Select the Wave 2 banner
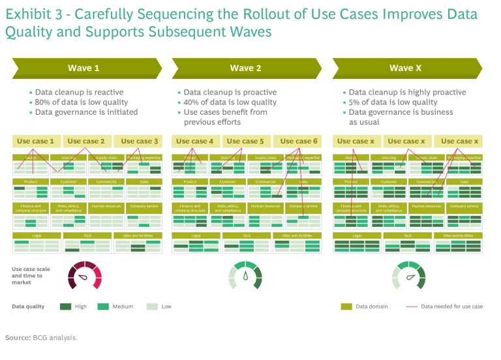point(245,68)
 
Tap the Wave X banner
point(406,68)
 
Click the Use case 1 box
point(35,141)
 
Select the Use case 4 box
point(195,141)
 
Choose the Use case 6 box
point(298,141)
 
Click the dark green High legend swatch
point(65,307)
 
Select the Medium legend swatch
point(103,307)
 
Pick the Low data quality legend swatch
point(152,307)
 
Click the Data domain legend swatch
point(346,307)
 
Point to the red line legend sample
point(411,307)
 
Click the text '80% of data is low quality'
point(80,102)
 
